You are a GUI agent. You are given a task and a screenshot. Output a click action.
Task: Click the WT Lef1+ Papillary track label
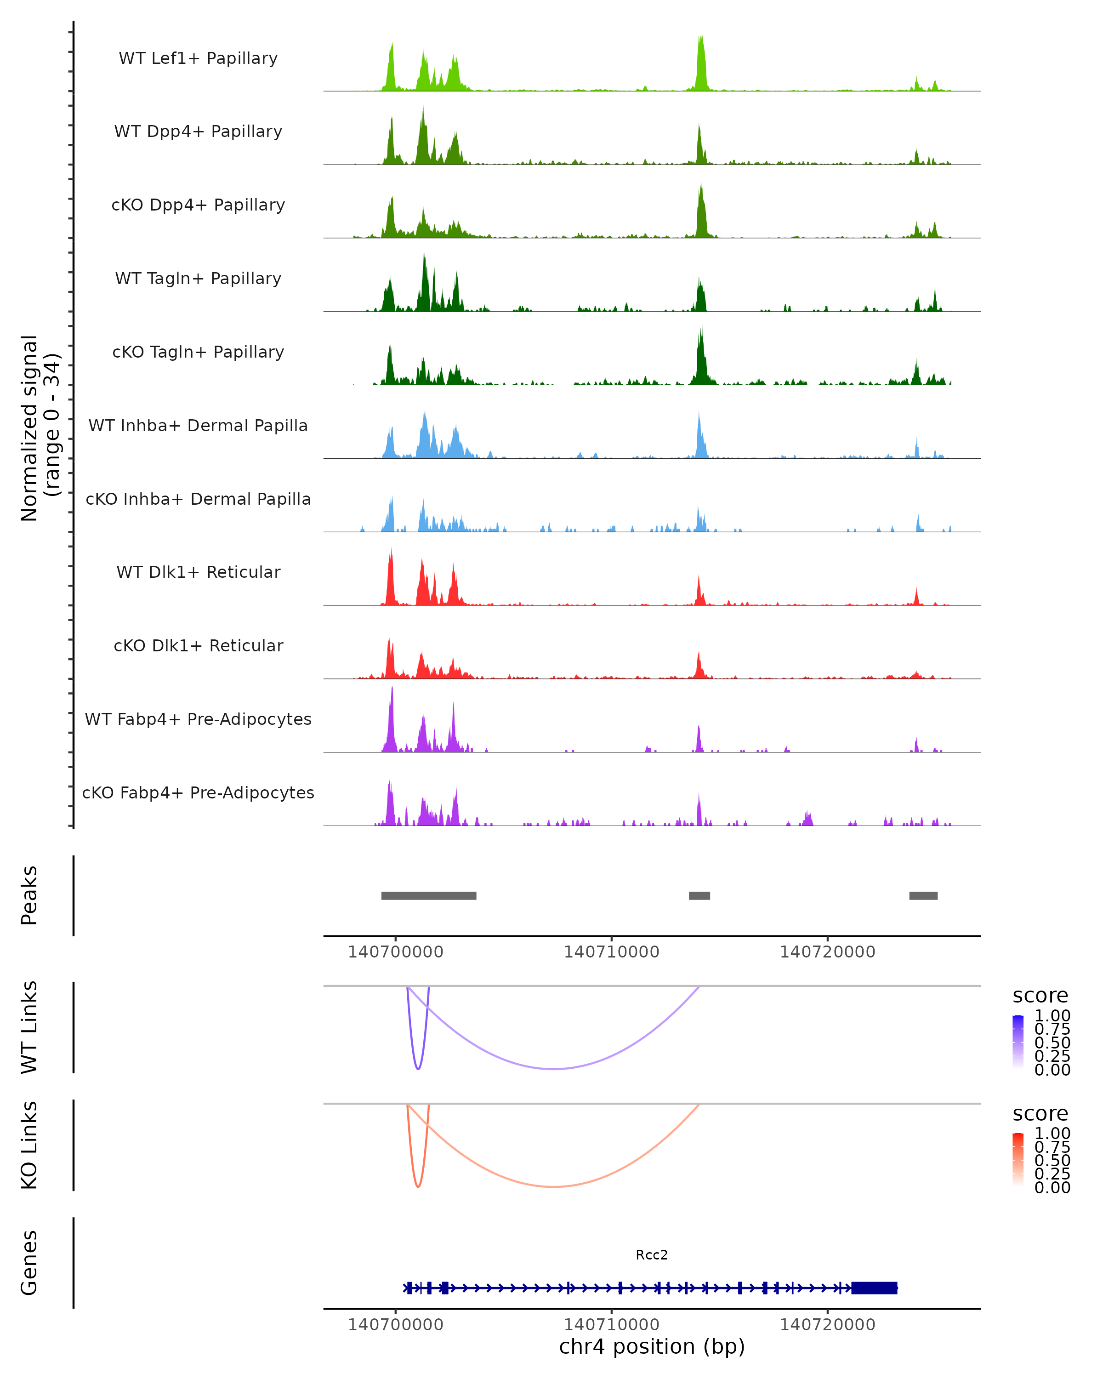point(198,58)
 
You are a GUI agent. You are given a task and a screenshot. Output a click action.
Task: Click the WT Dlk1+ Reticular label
point(198,572)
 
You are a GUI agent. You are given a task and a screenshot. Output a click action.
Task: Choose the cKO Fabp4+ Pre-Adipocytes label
point(198,792)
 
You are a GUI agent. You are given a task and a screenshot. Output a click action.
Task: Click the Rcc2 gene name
point(652,1255)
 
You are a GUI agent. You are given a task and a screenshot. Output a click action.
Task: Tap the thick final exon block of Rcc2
point(874,1288)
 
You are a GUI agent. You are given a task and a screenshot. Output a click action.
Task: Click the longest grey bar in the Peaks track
point(428,895)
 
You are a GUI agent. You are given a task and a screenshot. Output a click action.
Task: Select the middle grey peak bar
point(699,895)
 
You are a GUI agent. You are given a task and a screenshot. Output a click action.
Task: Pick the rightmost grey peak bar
point(923,895)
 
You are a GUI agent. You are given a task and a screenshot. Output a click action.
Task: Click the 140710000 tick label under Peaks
point(611,952)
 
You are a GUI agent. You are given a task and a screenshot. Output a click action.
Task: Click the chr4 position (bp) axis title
point(652,1346)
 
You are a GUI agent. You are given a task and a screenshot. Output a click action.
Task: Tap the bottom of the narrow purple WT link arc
point(418,1068)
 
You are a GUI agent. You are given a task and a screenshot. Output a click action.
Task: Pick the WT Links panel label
point(29,1027)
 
